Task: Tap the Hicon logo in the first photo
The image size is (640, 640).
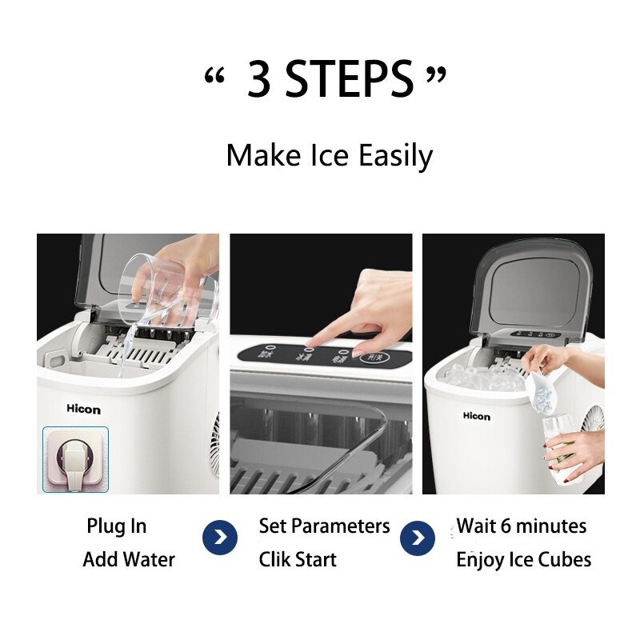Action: click(83, 410)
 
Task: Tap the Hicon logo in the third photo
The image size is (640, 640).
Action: click(476, 416)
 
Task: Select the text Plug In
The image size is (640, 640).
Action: click(117, 526)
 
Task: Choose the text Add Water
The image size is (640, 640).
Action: click(128, 559)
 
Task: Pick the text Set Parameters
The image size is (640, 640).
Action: click(324, 526)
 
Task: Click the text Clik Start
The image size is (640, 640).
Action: click(298, 559)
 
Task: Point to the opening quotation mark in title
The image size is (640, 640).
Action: click(212, 76)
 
